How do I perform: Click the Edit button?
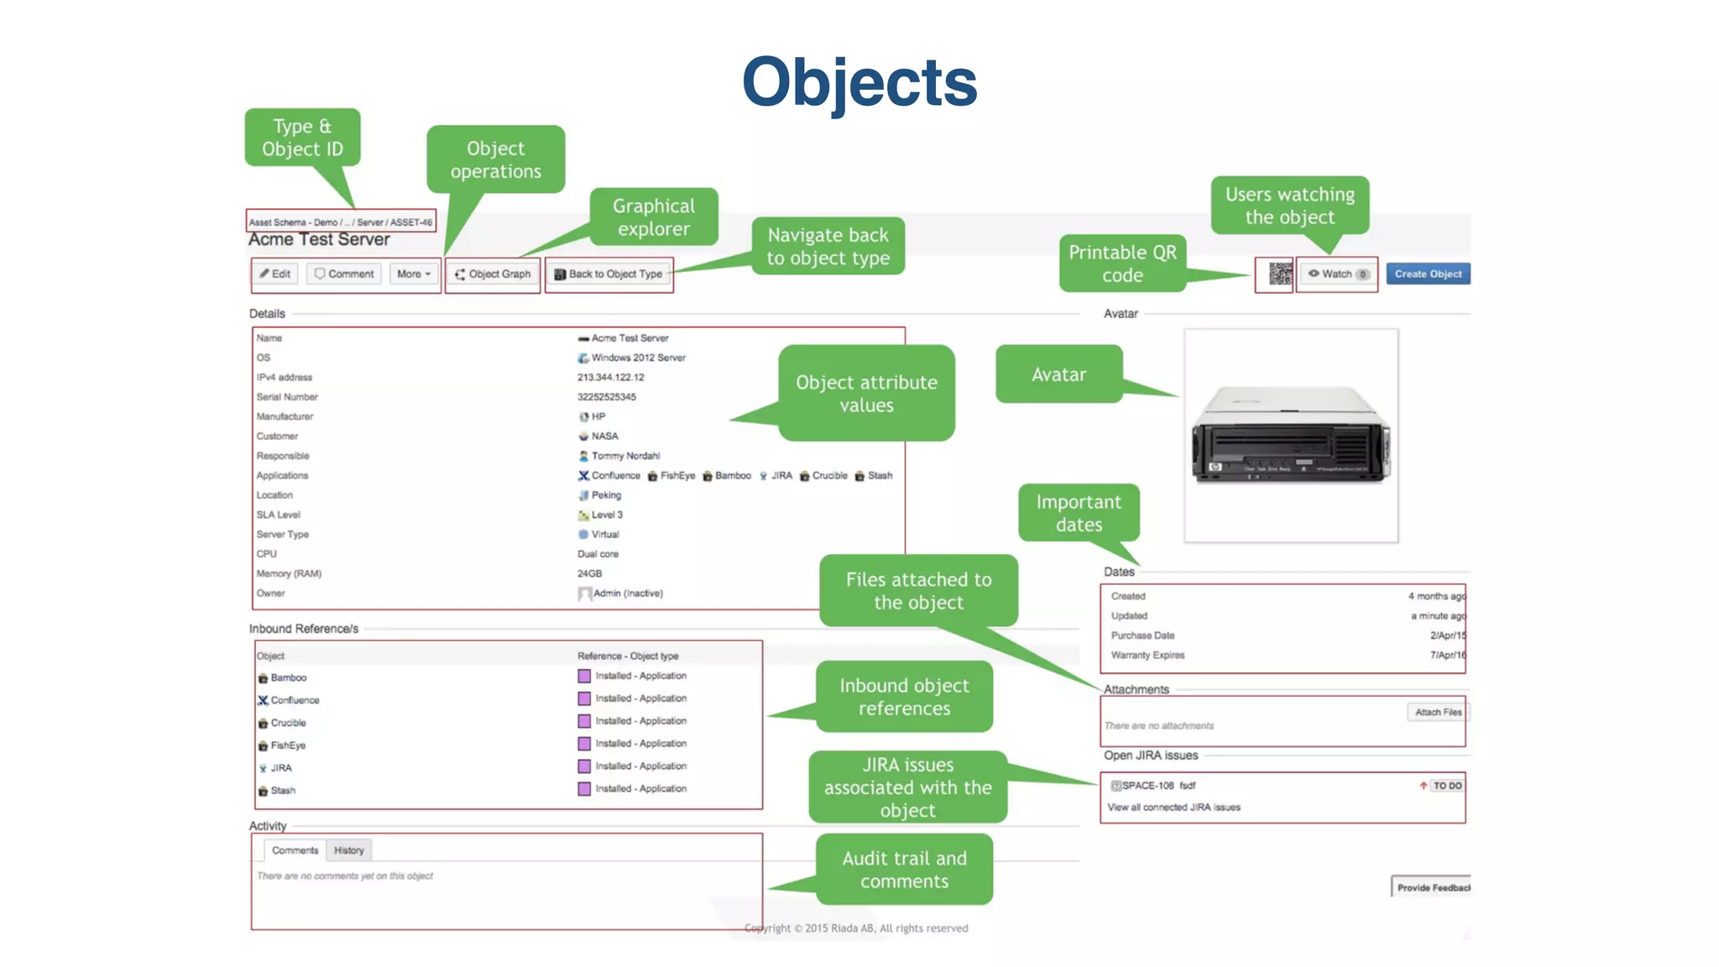275,274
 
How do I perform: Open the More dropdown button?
414,274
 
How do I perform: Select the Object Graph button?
494,274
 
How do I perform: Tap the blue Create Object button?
1428,274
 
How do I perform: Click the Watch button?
1337,274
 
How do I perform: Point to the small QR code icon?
1279,274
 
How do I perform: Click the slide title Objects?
859,82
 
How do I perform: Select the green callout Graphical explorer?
653,217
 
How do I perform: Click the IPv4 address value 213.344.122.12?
611,378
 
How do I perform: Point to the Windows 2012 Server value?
638,358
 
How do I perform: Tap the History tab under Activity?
349,850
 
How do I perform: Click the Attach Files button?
1438,712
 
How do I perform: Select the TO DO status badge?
1447,786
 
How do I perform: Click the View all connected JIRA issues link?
1173,808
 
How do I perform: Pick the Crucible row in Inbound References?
288,723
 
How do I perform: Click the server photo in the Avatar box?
1291,435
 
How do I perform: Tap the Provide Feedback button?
1433,887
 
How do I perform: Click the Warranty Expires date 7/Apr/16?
1447,656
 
